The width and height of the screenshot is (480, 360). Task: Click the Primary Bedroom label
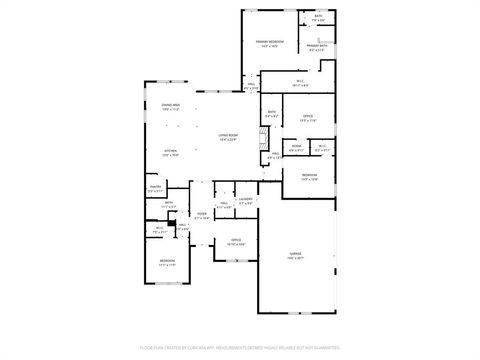pyautogui.click(x=270, y=41)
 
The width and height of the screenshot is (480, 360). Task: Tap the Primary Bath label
pyautogui.click(x=318, y=45)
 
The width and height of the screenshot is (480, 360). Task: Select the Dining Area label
pyautogui.click(x=170, y=105)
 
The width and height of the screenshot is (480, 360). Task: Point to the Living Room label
pyautogui.click(x=228, y=137)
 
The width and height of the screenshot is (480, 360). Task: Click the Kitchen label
pyautogui.click(x=171, y=152)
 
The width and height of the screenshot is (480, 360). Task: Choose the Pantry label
pyautogui.click(x=155, y=187)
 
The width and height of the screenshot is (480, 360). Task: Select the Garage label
pyautogui.click(x=295, y=255)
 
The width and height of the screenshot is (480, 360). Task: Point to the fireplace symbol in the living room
pyautogui.click(x=264, y=138)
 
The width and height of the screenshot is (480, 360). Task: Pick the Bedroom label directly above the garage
pyautogui.click(x=308, y=176)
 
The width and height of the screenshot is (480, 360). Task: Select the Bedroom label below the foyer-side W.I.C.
pyautogui.click(x=166, y=262)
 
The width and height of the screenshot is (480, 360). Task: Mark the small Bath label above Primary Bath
pyautogui.click(x=318, y=16)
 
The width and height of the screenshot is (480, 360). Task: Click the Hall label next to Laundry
pyautogui.click(x=224, y=204)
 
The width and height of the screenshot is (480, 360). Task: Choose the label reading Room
pyautogui.click(x=297, y=146)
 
